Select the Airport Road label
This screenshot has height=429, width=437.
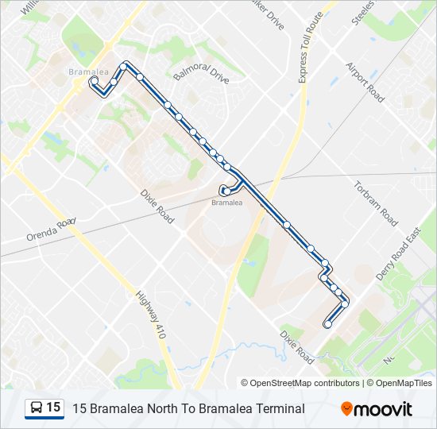click(x=365, y=83)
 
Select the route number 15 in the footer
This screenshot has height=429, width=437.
click(x=53, y=408)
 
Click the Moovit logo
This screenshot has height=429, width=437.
click(x=377, y=409)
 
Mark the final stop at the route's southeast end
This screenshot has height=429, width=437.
click(x=327, y=323)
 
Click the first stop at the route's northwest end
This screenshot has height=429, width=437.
click(x=94, y=80)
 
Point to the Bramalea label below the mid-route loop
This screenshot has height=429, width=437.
click(x=226, y=203)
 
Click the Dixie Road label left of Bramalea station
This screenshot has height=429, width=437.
click(x=157, y=205)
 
